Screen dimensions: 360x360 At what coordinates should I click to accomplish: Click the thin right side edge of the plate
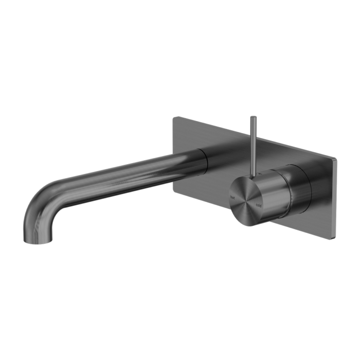coord(336,195)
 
